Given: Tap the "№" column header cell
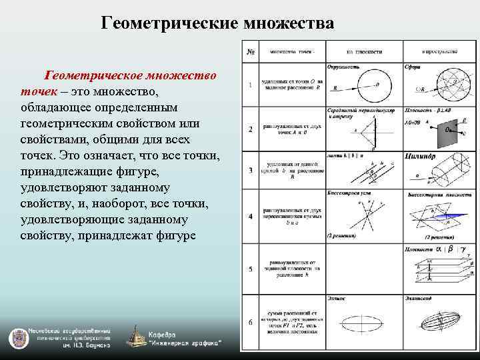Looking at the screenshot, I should [250, 51].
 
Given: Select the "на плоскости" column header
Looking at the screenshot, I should [364, 51].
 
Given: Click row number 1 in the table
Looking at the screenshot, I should [250, 85].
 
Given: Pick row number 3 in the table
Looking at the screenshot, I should [250, 171].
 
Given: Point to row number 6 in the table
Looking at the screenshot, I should [250, 323].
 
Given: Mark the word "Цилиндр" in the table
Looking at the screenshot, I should [420, 157].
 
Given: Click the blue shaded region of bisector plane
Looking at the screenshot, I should [437, 216].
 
